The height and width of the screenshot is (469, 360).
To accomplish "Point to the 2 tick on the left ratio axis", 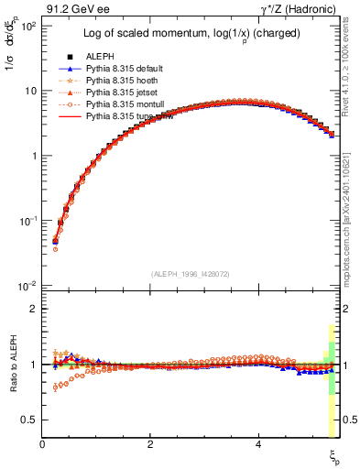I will [x=34, y=309].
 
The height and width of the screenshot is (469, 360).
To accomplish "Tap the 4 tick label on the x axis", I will [x=259, y=444].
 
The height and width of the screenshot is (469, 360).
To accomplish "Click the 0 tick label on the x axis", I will [x=43, y=444].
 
